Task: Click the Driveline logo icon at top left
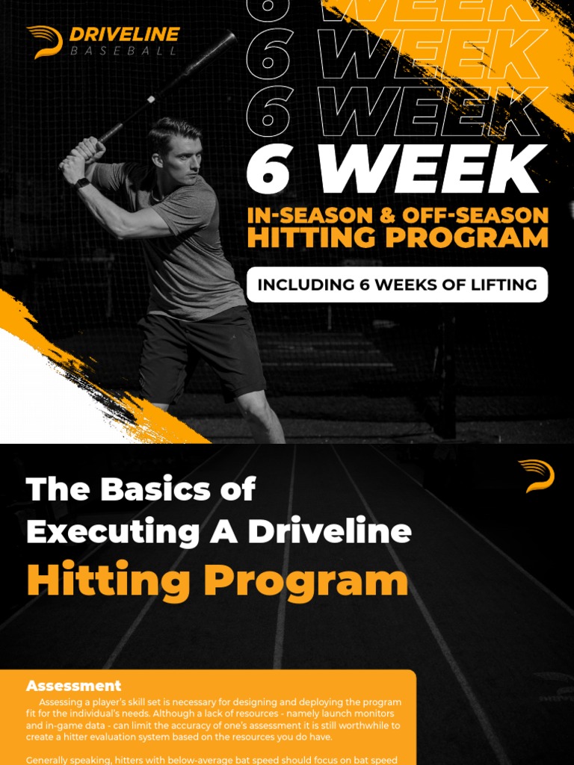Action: [x=45, y=41]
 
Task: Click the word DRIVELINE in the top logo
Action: [x=124, y=34]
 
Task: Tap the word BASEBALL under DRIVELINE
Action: [x=124, y=51]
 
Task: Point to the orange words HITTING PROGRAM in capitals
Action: [x=398, y=238]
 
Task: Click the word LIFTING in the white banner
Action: [x=497, y=285]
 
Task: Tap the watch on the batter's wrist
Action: [x=81, y=183]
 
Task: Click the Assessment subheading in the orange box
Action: [x=73, y=685]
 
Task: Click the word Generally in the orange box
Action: [x=53, y=760]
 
